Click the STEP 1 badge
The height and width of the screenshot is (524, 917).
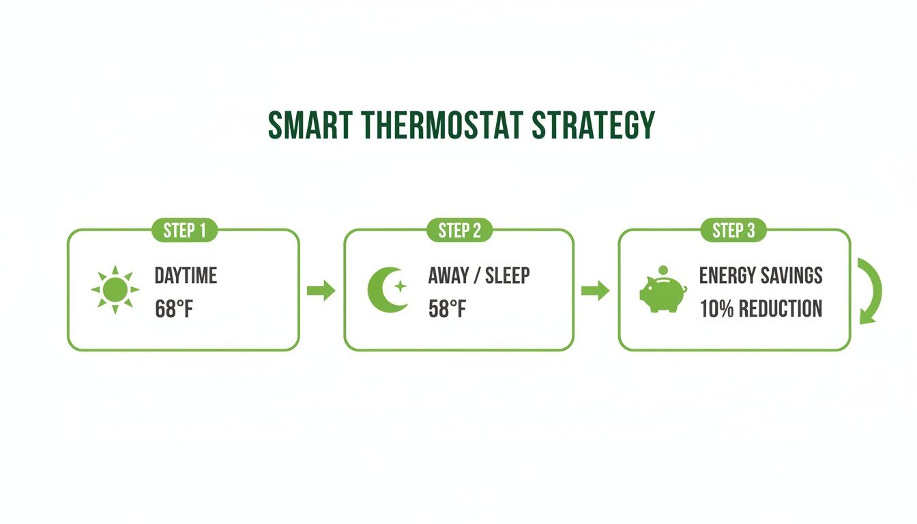click(184, 231)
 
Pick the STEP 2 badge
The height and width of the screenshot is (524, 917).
click(459, 231)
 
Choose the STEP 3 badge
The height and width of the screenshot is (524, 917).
click(733, 231)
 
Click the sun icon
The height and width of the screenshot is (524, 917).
click(115, 290)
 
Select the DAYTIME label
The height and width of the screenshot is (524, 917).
click(186, 276)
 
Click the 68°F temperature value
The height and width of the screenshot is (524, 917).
click(175, 309)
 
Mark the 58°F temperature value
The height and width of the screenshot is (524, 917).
click(448, 309)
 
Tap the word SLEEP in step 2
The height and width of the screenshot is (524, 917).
click(507, 276)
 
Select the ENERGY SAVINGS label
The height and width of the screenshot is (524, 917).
click(761, 276)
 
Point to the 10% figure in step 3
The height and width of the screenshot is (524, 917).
click(716, 309)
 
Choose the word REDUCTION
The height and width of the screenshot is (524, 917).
click(781, 309)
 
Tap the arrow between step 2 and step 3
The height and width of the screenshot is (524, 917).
click(594, 291)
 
